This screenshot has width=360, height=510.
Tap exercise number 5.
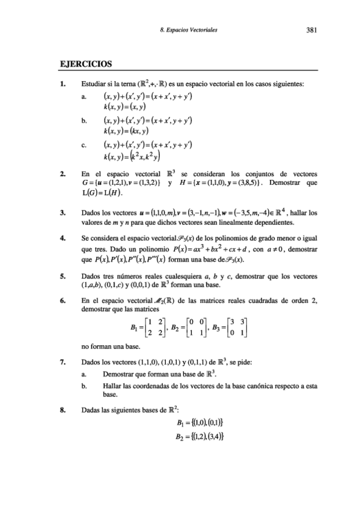point(61,275)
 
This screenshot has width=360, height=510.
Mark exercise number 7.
point(61,363)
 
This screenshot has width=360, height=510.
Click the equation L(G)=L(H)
point(106,192)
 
